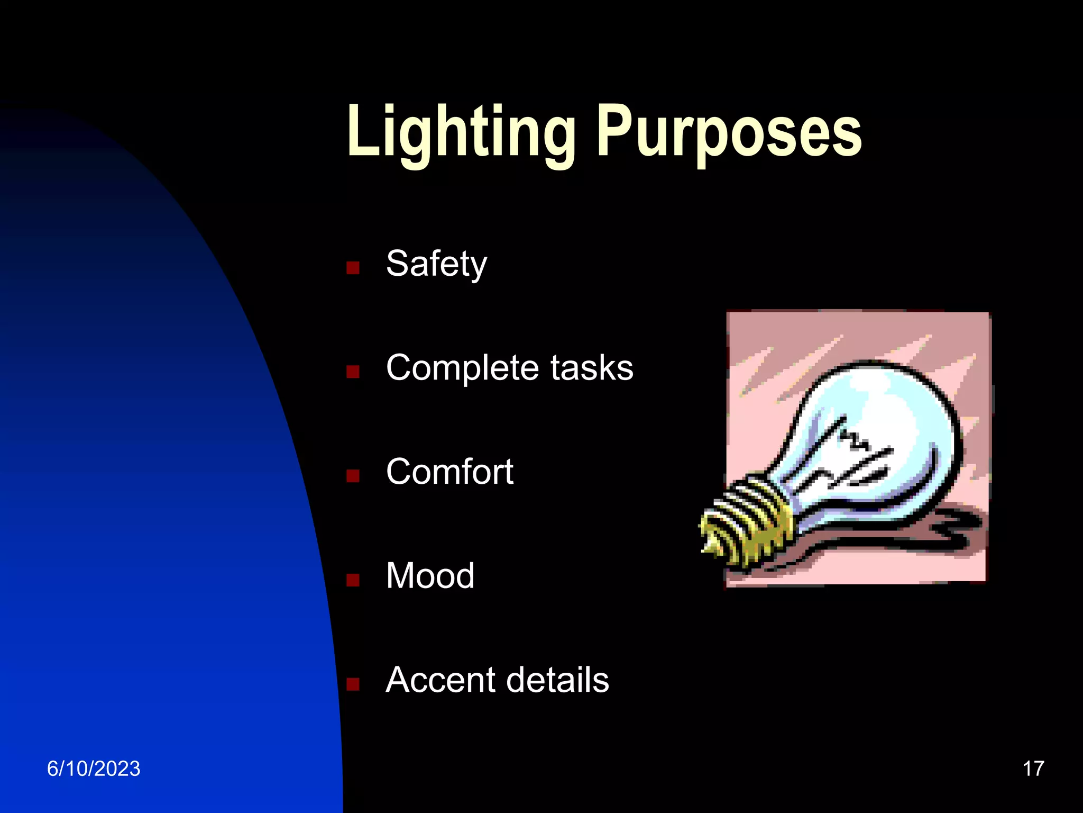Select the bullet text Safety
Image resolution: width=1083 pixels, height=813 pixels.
click(436, 264)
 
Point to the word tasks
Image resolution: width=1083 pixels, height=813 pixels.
click(592, 368)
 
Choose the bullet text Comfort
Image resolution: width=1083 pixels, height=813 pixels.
click(449, 472)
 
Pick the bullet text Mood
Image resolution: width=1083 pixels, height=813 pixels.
click(430, 575)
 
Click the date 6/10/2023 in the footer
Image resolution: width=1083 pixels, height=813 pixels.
click(94, 769)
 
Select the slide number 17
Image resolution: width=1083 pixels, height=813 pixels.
click(1033, 769)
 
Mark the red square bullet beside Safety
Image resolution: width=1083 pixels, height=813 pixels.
click(353, 267)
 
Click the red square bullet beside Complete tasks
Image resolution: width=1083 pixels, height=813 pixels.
click(353, 372)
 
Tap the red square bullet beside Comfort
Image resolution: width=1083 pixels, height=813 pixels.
click(353, 476)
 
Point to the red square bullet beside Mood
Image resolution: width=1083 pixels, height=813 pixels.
click(353, 580)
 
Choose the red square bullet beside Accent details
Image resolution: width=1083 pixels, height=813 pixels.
click(353, 684)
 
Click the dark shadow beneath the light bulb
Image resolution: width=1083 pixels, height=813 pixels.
click(947, 535)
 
